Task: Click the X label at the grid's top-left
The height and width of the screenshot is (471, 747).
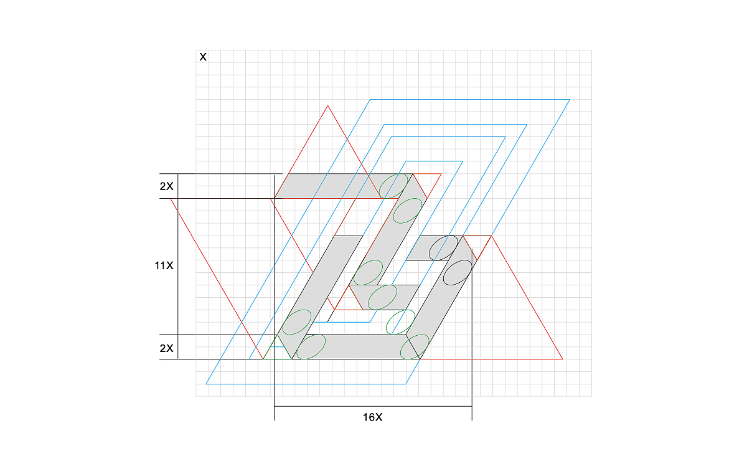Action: pyautogui.click(x=203, y=57)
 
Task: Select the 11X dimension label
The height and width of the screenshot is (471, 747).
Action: pyautogui.click(x=164, y=265)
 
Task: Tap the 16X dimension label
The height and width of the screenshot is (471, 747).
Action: pyautogui.click(x=372, y=417)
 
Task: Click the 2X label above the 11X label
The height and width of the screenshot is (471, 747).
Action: pyautogui.click(x=166, y=186)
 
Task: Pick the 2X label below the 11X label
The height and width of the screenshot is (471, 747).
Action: pyautogui.click(x=166, y=348)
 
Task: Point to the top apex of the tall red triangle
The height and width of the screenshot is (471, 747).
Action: pyautogui.click(x=328, y=105)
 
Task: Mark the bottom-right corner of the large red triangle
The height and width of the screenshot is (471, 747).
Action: pyautogui.click(x=563, y=359)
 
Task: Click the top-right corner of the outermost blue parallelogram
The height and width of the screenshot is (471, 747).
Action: pyautogui.click(x=570, y=100)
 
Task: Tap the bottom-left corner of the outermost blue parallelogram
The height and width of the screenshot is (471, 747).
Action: pyautogui.click(x=206, y=384)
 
